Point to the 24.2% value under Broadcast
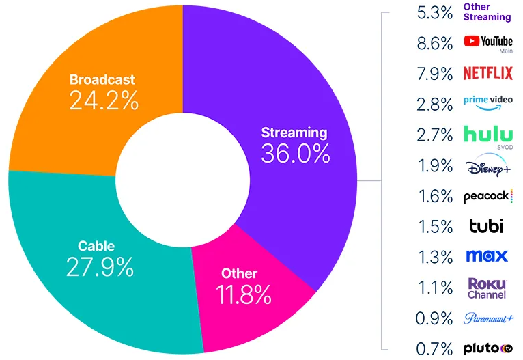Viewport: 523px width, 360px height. point(103,101)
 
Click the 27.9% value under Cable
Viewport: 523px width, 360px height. point(100,266)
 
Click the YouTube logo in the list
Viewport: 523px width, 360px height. point(487,42)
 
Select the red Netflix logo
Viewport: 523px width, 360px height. point(487,73)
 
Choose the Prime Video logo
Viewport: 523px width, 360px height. point(487,102)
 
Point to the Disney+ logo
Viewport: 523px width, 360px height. point(487,166)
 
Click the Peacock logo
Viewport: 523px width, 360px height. point(487,196)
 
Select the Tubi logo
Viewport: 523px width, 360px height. point(486,226)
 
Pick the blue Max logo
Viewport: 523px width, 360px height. point(487,256)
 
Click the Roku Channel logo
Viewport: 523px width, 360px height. point(487,288)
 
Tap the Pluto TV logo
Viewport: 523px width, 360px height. point(487,348)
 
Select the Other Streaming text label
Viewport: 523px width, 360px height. point(487,12)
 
